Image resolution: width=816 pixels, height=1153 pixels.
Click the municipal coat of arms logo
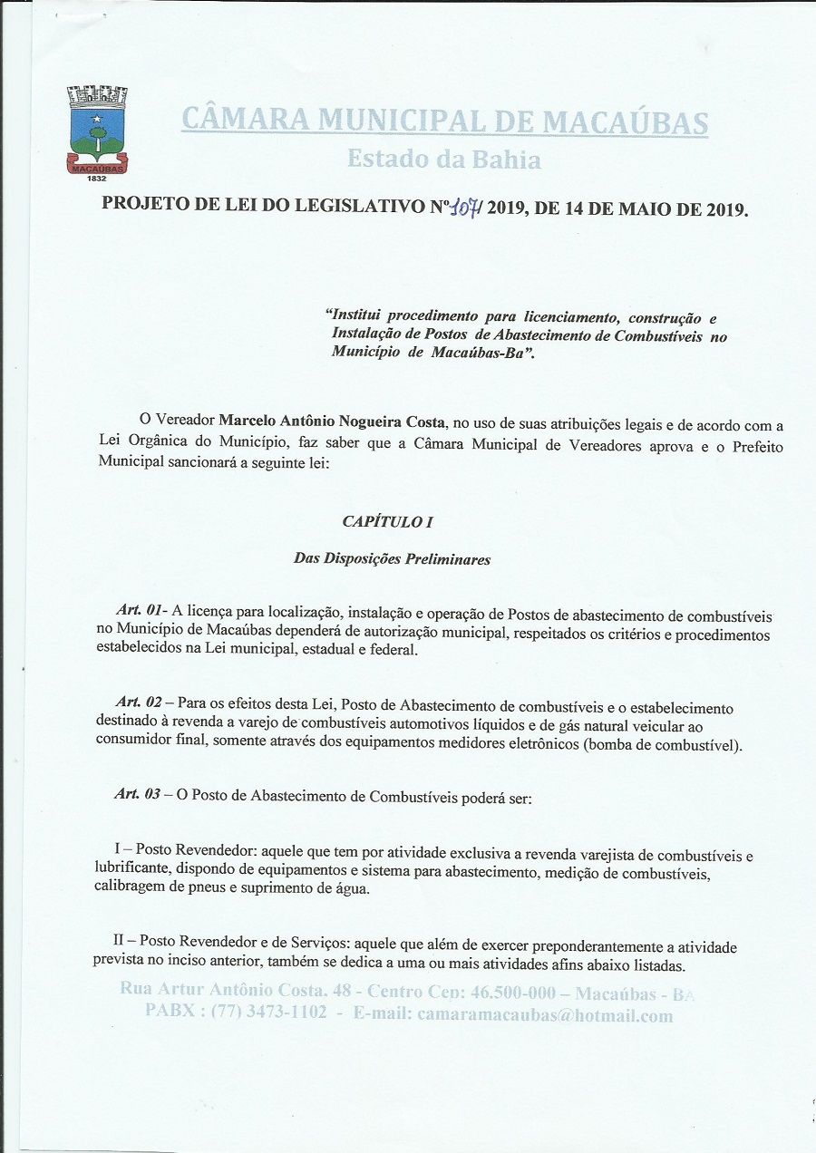(x=97, y=129)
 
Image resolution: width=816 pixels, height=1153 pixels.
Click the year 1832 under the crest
(x=97, y=179)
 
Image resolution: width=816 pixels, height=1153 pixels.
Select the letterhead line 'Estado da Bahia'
(x=444, y=160)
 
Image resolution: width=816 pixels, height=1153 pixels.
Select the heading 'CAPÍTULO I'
(x=382, y=522)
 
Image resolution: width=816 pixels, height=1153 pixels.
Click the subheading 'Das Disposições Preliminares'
(x=392, y=558)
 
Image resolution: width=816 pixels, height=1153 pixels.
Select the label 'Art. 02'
(x=139, y=702)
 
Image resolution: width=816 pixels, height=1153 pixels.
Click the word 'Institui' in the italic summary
(x=355, y=316)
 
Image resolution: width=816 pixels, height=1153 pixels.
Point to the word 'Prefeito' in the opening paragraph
(x=753, y=447)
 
